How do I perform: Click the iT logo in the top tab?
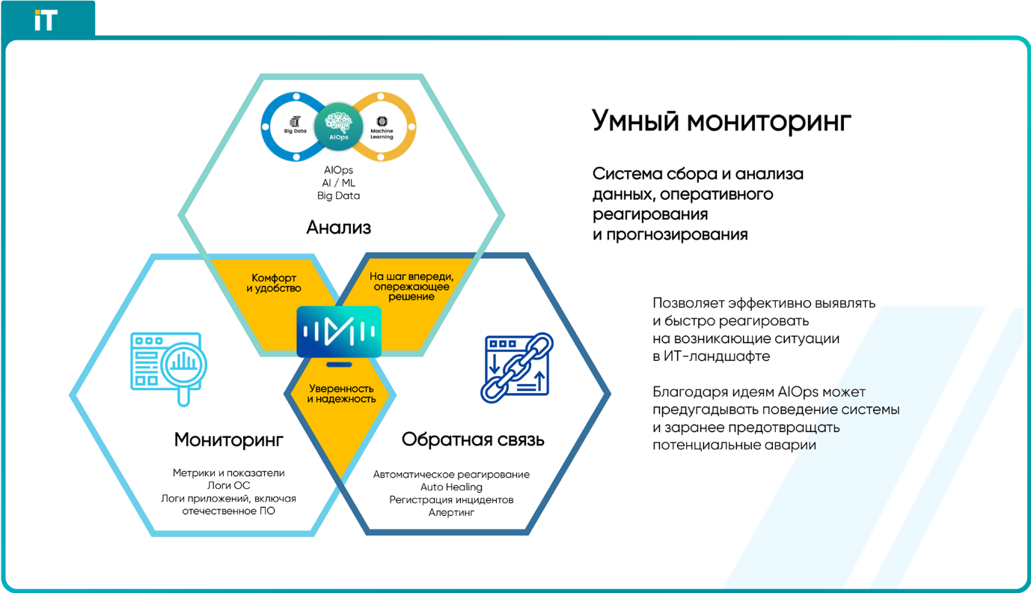[46, 20]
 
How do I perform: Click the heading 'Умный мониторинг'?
[721, 121]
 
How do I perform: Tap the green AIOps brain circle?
[338, 127]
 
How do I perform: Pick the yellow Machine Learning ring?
[412, 127]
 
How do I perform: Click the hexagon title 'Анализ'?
[338, 228]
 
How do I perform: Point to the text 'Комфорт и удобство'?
[273, 283]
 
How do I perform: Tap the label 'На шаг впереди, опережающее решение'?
[412, 286]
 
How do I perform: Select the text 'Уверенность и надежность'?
[341, 394]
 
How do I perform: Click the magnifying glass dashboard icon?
[168, 368]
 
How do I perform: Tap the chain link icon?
[517, 368]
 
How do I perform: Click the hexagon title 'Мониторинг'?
[228, 440]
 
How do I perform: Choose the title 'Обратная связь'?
[473, 440]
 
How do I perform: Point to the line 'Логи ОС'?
[228, 485]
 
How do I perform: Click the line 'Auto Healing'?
[451, 487]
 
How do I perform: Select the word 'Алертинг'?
[451, 512]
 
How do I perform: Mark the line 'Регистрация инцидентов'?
[451, 500]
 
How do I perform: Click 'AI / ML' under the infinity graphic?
[338, 183]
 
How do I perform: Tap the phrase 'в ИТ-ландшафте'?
[711, 356]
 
